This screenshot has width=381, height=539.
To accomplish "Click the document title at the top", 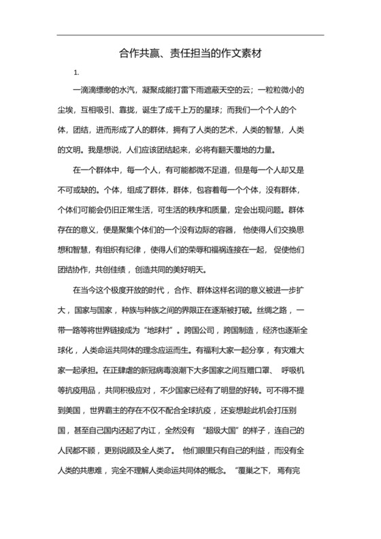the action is coord(190,52).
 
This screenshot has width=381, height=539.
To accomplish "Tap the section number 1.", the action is coord(77,72).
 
